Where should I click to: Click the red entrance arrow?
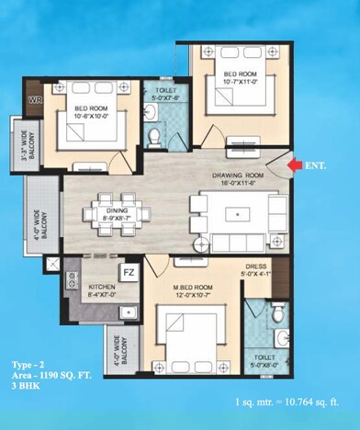tap(295, 164)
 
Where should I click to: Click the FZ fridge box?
tap(129, 272)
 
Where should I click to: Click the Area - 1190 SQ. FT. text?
tap(65, 378)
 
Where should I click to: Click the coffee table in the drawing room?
tap(236, 214)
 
